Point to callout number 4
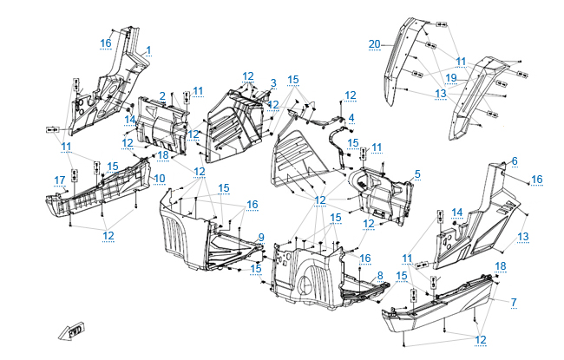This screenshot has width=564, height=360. click(x=351, y=118)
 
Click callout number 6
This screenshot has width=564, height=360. click(x=514, y=161)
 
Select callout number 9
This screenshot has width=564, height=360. click(x=260, y=237)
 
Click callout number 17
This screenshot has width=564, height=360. click(x=60, y=180)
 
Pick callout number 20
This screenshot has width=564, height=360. click(x=374, y=44)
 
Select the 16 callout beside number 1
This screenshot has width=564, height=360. click(x=105, y=43)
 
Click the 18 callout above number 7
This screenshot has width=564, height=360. click(x=501, y=265)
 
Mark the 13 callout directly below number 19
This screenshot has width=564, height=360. click(x=441, y=94)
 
